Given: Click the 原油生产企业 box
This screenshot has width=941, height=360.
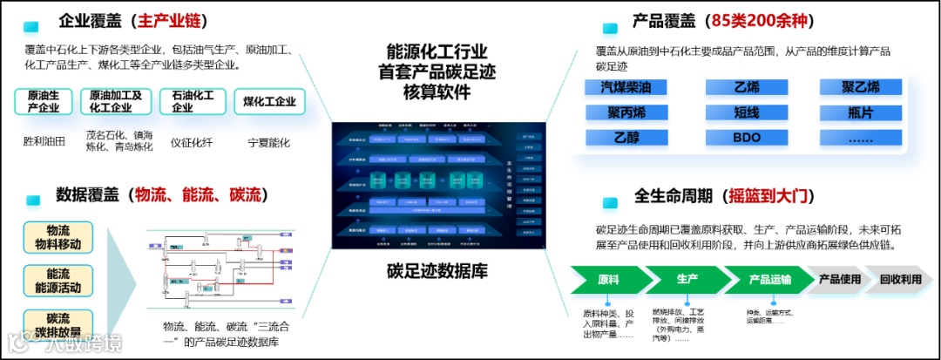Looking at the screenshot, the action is tap(44, 101).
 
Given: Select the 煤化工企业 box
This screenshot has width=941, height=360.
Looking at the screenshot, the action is tap(269, 101).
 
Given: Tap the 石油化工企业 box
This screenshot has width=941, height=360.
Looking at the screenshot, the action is tap(193, 101).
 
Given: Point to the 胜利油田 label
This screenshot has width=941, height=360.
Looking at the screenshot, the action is tap(44, 142).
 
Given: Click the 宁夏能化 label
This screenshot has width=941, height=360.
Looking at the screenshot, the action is tap(269, 142).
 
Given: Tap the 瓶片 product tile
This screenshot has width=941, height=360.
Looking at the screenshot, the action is tap(854, 112).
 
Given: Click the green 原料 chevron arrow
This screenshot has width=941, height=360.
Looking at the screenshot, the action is tap(609, 280).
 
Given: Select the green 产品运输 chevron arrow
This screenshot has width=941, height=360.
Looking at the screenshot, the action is tap(769, 280).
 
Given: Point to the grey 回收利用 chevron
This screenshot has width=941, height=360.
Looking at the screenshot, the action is tap(900, 280).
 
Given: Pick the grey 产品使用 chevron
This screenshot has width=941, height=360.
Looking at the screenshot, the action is tap(838, 280).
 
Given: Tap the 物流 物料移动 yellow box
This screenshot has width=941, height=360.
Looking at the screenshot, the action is tap(58, 237).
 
